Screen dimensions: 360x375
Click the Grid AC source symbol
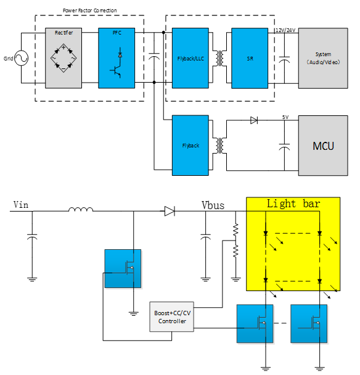22,58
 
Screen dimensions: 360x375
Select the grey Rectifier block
63,58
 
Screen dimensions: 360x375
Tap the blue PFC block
117,58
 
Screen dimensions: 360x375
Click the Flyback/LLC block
190,58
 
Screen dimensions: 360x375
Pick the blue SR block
250,58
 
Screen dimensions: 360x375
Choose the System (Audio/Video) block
323,58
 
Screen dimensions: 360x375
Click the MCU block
323,146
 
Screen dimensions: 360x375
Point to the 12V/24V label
285,30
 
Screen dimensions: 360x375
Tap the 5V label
285,117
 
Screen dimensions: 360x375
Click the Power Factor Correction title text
90,10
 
